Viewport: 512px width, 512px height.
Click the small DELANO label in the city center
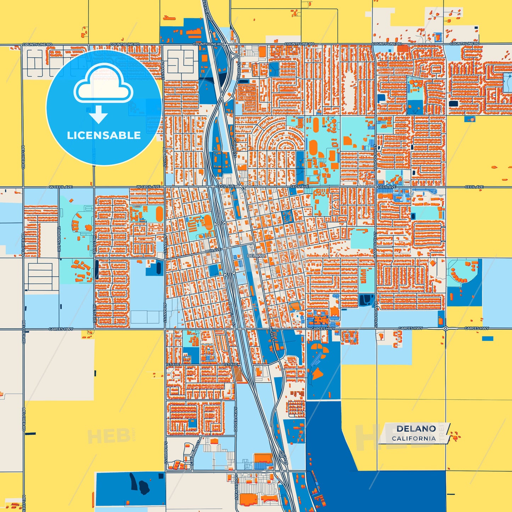pyautogui.click(x=256, y=255)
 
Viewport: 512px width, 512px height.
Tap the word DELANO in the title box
pyautogui.click(x=416, y=429)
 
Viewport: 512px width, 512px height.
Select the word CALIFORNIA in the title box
pyautogui.click(x=413, y=438)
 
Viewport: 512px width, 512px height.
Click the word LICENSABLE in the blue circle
pyautogui.click(x=104, y=135)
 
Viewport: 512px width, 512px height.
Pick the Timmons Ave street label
pyautogui.click(x=59, y=239)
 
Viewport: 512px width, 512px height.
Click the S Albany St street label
pyautogui.click(x=165, y=452)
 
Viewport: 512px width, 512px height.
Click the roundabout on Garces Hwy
pyautogui.click(x=445, y=328)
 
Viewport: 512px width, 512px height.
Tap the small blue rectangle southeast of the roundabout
pyautogui.click(x=488, y=339)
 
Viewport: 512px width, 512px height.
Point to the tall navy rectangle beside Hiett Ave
pyautogui.click(x=97, y=270)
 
